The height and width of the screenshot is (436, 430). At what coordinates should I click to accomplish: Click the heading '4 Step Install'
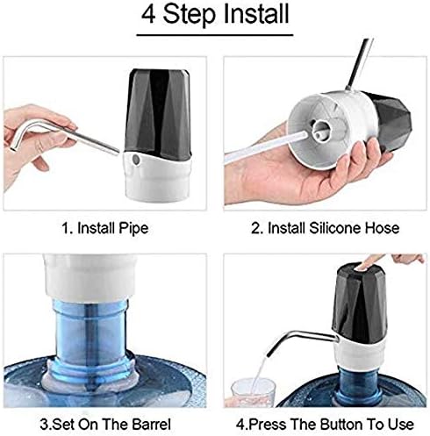[x=214, y=15]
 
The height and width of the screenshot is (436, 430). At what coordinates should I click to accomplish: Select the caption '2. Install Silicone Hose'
[x=324, y=228]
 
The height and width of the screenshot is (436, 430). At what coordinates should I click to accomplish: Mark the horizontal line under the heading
[x=214, y=37]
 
